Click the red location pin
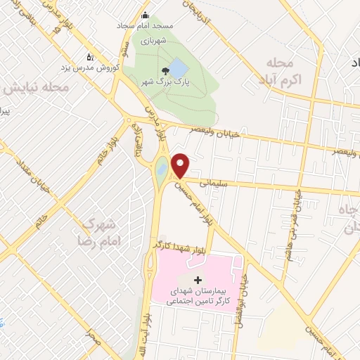point(181,165)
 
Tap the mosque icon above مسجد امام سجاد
point(146,16)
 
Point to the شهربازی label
point(150,41)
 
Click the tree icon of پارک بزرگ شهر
point(165,70)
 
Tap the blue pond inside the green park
point(179,69)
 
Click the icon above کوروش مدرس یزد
point(89,56)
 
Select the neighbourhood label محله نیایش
point(36,89)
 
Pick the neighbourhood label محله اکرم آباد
point(284,72)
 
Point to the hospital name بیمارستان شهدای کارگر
point(195,295)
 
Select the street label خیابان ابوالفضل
point(245,288)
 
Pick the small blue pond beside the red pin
point(161,169)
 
